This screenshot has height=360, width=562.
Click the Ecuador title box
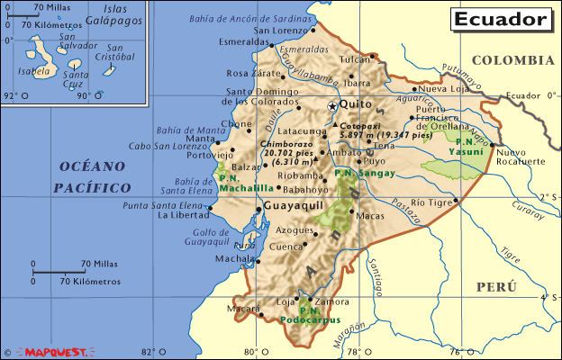(500, 19)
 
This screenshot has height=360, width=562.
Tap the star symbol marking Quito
(331, 106)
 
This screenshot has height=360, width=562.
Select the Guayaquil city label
(294, 207)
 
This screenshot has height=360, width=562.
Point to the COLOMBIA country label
(512, 60)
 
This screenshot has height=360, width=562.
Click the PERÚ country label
(496, 286)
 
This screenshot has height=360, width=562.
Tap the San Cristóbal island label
(121, 52)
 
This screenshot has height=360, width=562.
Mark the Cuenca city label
(287, 246)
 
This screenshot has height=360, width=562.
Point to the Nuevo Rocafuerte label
(521, 156)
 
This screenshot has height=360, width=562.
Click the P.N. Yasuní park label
(469, 147)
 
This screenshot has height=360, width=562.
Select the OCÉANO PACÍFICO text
(92, 176)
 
